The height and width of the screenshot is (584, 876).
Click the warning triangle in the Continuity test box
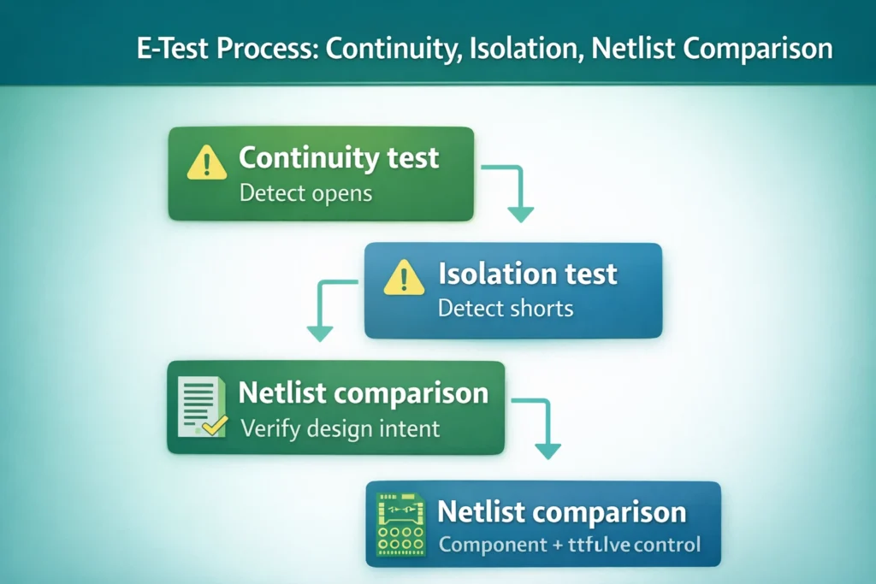coord(206,162)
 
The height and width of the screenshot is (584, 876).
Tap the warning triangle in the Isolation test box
coord(404,278)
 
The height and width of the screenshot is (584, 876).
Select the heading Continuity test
coord(339,158)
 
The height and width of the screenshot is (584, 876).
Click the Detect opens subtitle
coord(305,192)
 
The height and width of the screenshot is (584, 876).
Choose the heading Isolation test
coord(527,274)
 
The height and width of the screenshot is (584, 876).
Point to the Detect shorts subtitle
coord(505,308)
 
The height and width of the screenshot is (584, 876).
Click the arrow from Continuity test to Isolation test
coord(513,192)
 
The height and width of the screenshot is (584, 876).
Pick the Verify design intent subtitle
coord(340,428)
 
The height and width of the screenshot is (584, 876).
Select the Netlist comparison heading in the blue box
coord(561,512)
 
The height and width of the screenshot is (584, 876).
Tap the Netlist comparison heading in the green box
coord(363,393)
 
